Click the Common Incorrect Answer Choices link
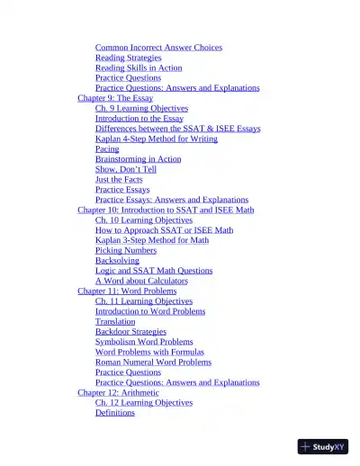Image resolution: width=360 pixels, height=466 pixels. (158, 48)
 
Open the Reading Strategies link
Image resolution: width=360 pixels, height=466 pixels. (128, 58)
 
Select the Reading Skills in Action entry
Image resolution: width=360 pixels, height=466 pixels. (139, 67)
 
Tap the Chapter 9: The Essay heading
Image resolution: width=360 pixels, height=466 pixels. (114, 98)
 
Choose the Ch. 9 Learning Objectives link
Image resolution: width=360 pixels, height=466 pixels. (141, 108)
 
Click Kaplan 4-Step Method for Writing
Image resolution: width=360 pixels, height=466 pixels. (156, 139)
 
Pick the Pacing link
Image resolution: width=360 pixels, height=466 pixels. (107, 149)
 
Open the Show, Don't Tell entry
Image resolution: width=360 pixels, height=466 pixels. (125, 169)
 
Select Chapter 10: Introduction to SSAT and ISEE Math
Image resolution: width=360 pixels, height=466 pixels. (166, 210)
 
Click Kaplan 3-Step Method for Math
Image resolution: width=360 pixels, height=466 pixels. (151, 240)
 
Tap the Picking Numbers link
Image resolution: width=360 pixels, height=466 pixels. (126, 250)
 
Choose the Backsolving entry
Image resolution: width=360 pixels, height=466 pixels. (117, 260)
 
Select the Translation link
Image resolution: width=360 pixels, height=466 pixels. (115, 321)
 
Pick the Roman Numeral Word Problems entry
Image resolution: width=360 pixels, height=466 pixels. (153, 362)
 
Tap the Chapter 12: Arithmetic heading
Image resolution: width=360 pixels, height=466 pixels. (118, 392)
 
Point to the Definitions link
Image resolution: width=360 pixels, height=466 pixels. (115, 413)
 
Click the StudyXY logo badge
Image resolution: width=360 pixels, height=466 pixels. (322, 446)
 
